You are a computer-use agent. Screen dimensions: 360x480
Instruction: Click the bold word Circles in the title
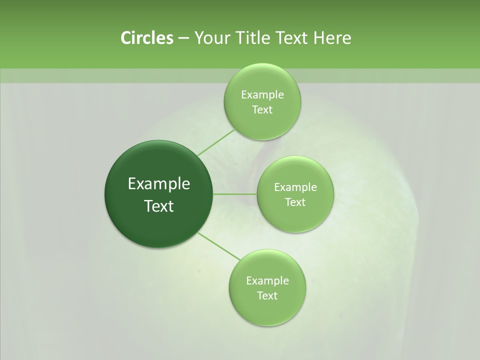pyautogui.click(x=146, y=38)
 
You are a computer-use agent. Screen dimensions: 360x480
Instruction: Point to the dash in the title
pyautogui.click(x=183, y=38)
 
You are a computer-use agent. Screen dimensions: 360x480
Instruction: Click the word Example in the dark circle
pyautogui.click(x=159, y=184)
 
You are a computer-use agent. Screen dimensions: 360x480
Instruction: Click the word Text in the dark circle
pyautogui.click(x=159, y=206)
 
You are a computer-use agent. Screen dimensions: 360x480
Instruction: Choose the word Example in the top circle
pyautogui.click(x=262, y=95)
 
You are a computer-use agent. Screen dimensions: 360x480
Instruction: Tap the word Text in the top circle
pyautogui.click(x=262, y=110)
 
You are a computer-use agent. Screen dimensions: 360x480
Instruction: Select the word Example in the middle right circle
pyautogui.click(x=295, y=187)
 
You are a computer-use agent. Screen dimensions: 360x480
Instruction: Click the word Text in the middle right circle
pyautogui.click(x=295, y=202)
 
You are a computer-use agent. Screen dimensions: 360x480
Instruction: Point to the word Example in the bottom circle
pyautogui.click(x=267, y=281)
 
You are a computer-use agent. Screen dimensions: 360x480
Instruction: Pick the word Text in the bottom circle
pyautogui.click(x=267, y=296)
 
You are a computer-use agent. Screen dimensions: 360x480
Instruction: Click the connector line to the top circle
pyautogui.click(x=216, y=142)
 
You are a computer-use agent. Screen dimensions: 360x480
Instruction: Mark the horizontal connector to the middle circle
pyautogui.click(x=234, y=194)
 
